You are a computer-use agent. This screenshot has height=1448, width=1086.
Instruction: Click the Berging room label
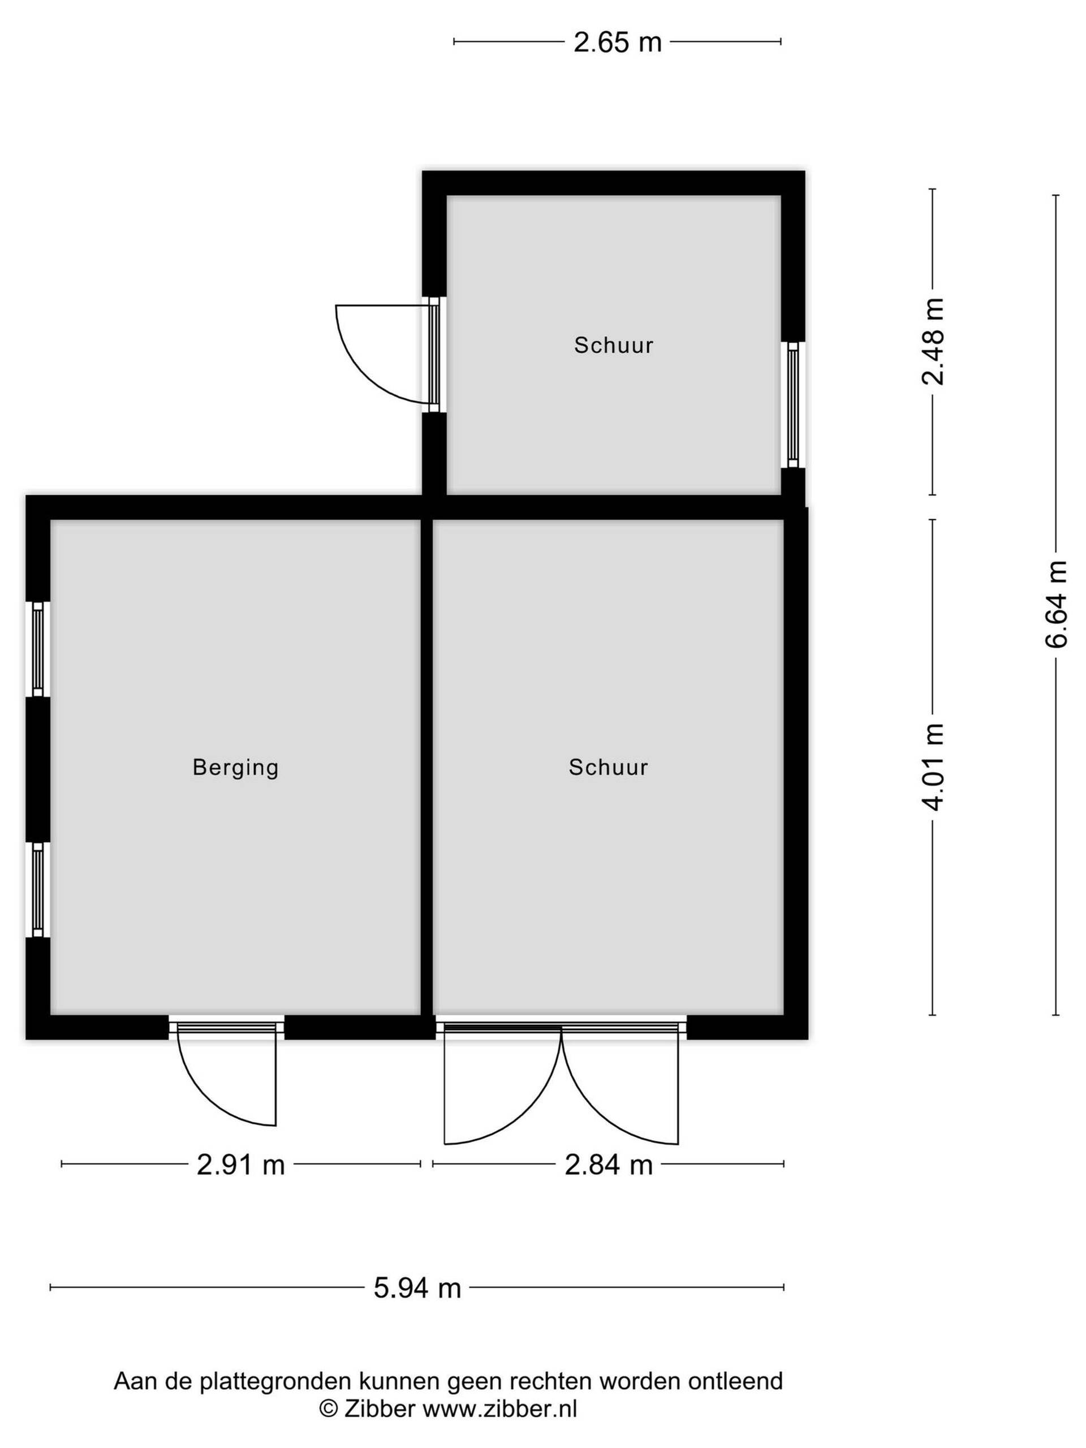pyautogui.click(x=235, y=767)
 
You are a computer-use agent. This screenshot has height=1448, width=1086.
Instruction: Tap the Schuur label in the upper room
pyautogui.click(x=613, y=345)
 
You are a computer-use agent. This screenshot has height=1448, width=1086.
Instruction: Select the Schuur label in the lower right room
pyautogui.click(x=608, y=766)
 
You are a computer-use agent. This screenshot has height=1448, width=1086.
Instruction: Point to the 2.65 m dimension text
pyautogui.click(x=617, y=42)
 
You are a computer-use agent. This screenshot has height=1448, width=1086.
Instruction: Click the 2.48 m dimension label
pyautogui.click(x=933, y=341)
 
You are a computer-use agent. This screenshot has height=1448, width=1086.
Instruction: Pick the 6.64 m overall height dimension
pyautogui.click(x=1055, y=604)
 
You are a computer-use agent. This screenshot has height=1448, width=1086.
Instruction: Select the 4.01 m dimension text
pyautogui.click(x=933, y=766)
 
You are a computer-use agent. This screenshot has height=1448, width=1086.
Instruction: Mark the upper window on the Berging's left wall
pyautogui.click(x=38, y=649)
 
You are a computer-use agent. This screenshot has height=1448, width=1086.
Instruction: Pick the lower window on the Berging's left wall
pyautogui.click(x=38, y=889)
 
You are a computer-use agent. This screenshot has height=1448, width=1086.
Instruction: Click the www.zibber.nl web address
pyautogui.click(x=499, y=1410)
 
